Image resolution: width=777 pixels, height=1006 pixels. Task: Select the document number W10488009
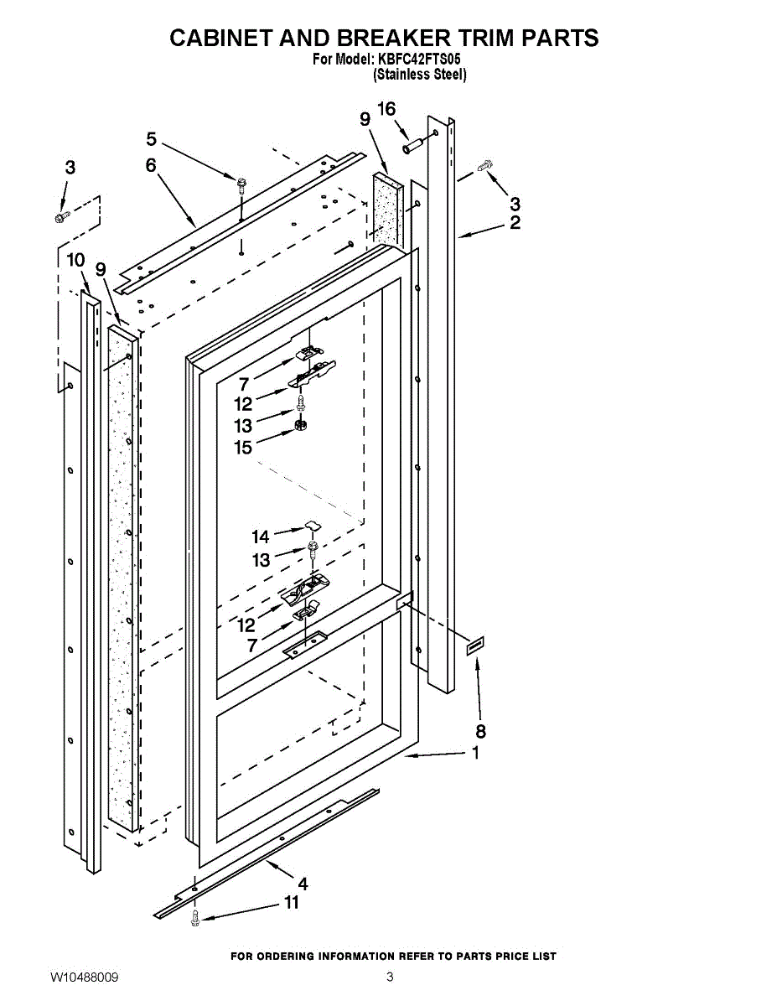[x=84, y=977]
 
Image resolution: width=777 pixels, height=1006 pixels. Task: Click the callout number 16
[x=386, y=109]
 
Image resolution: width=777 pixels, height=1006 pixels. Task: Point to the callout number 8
[x=480, y=731]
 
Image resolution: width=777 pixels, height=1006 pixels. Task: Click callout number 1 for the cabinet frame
[x=476, y=753]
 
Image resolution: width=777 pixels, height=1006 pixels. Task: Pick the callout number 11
[x=291, y=903]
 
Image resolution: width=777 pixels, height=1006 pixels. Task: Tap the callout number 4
[x=302, y=883]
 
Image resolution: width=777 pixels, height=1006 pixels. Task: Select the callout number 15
[x=243, y=448]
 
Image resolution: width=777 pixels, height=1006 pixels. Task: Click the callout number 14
[x=261, y=537]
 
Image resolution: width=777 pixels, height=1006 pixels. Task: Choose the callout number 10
[x=75, y=260]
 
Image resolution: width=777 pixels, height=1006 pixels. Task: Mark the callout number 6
[x=151, y=165]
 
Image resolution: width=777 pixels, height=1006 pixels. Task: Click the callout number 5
[x=152, y=138]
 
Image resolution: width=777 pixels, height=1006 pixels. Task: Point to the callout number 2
[x=515, y=222]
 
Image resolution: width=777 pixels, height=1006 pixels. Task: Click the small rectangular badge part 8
[x=474, y=646]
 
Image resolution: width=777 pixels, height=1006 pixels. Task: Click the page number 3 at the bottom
[x=390, y=977]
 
